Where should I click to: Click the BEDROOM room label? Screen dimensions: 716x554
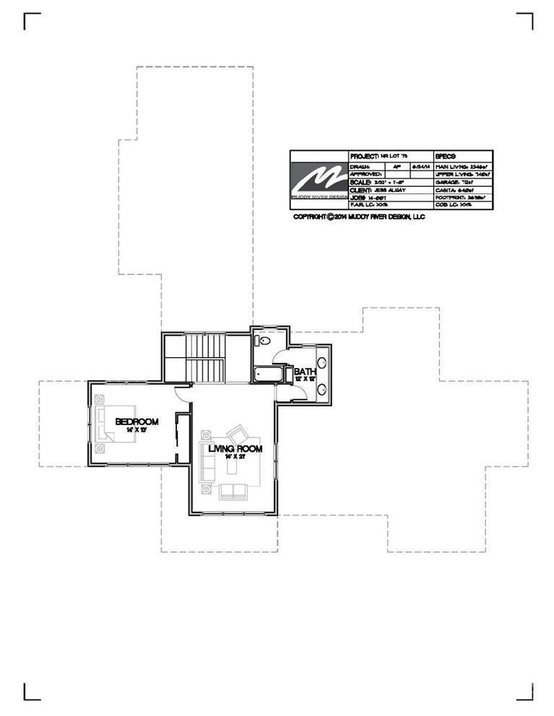coord(137,422)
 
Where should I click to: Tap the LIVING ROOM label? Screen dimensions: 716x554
coord(235,448)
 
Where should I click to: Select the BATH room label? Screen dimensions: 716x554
coord(304,372)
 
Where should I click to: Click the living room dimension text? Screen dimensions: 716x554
coord(235,457)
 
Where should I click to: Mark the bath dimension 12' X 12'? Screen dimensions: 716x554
coord(304,380)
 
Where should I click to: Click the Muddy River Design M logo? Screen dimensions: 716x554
coord(319,178)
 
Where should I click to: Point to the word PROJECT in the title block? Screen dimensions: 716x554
coord(364,156)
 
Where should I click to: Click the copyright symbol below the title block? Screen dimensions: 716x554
coord(330,217)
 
